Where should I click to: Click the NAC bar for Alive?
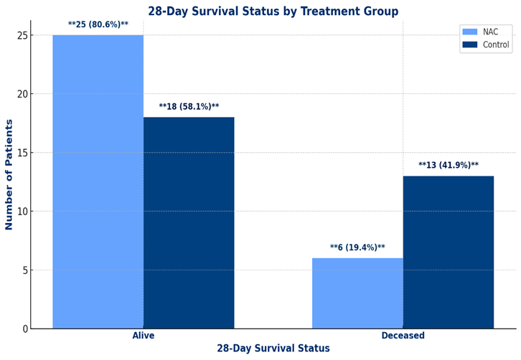pos(98,181)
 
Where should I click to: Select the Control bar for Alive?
pos(189,223)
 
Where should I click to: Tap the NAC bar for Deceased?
pos(357,293)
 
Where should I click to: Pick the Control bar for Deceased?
pos(449,252)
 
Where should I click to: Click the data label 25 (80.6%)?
pos(98,24)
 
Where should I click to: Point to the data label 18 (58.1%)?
pos(189,107)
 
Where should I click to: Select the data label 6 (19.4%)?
pos(357,247)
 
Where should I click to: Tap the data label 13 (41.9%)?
pos(449,165)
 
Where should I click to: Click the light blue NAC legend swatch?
pos(470,32)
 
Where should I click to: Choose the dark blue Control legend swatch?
pos(470,44)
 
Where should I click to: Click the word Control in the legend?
pos(496,44)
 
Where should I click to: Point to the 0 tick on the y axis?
pos(25,328)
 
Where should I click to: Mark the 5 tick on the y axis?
pos(25,270)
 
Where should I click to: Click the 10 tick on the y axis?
pos(22,212)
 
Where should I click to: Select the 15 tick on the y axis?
pos(22,153)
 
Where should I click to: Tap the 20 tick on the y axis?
pos(22,94)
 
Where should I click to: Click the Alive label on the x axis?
pos(144,336)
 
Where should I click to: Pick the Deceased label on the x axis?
pos(403,336)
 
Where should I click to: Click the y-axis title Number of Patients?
pos(9,175)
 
